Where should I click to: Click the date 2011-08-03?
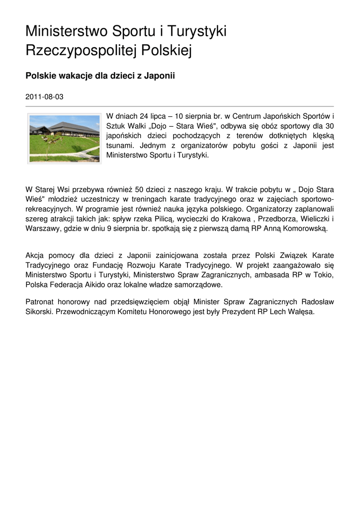click(x=44, y=96)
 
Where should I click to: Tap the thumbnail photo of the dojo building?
click(x=64, y=139)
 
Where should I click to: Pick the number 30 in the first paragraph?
click(x=329, y=125)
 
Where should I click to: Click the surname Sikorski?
click(x=39, y=312)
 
